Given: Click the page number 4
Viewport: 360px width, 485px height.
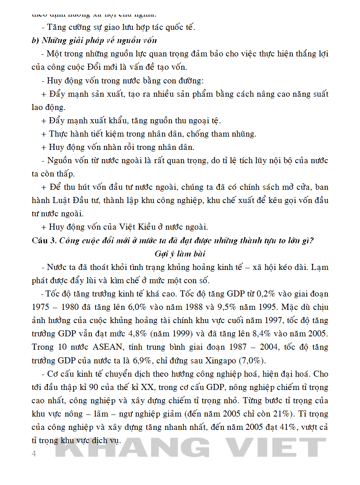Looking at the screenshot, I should click(x=34, y=454).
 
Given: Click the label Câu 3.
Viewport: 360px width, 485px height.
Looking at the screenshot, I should click(x=44, y=240).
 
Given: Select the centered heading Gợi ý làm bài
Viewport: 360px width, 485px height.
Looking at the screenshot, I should click(x=180, y=254).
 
